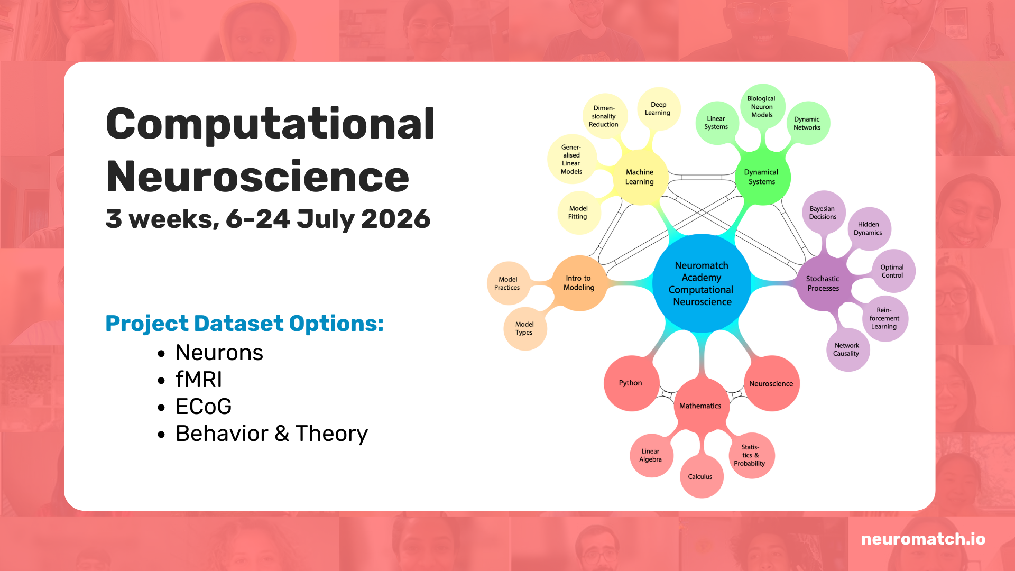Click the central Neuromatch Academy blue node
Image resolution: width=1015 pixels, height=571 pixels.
702,283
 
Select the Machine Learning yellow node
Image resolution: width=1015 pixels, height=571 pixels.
640,177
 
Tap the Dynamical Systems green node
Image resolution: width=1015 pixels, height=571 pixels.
762,177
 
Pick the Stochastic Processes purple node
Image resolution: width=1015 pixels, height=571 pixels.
823,283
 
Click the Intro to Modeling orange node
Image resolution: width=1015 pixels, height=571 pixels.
579,283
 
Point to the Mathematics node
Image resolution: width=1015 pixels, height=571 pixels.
701,406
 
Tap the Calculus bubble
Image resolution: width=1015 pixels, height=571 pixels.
701,476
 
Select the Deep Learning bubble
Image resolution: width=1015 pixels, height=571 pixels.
658,109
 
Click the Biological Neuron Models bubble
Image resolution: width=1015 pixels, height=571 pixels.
762,106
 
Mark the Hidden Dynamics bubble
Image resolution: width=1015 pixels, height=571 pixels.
869,228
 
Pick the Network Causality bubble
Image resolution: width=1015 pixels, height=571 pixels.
847,349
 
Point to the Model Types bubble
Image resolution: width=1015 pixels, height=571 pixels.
525,328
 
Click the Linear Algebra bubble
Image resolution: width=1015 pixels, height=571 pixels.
651,455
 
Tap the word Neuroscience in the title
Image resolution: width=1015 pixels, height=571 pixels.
257,177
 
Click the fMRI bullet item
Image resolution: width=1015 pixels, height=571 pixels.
199,380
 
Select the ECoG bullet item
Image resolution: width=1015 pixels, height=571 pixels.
204,407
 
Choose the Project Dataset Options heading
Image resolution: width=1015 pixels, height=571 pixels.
244,324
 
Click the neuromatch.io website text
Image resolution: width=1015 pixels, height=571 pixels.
923,539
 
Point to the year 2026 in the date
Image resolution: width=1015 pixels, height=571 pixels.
396,219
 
